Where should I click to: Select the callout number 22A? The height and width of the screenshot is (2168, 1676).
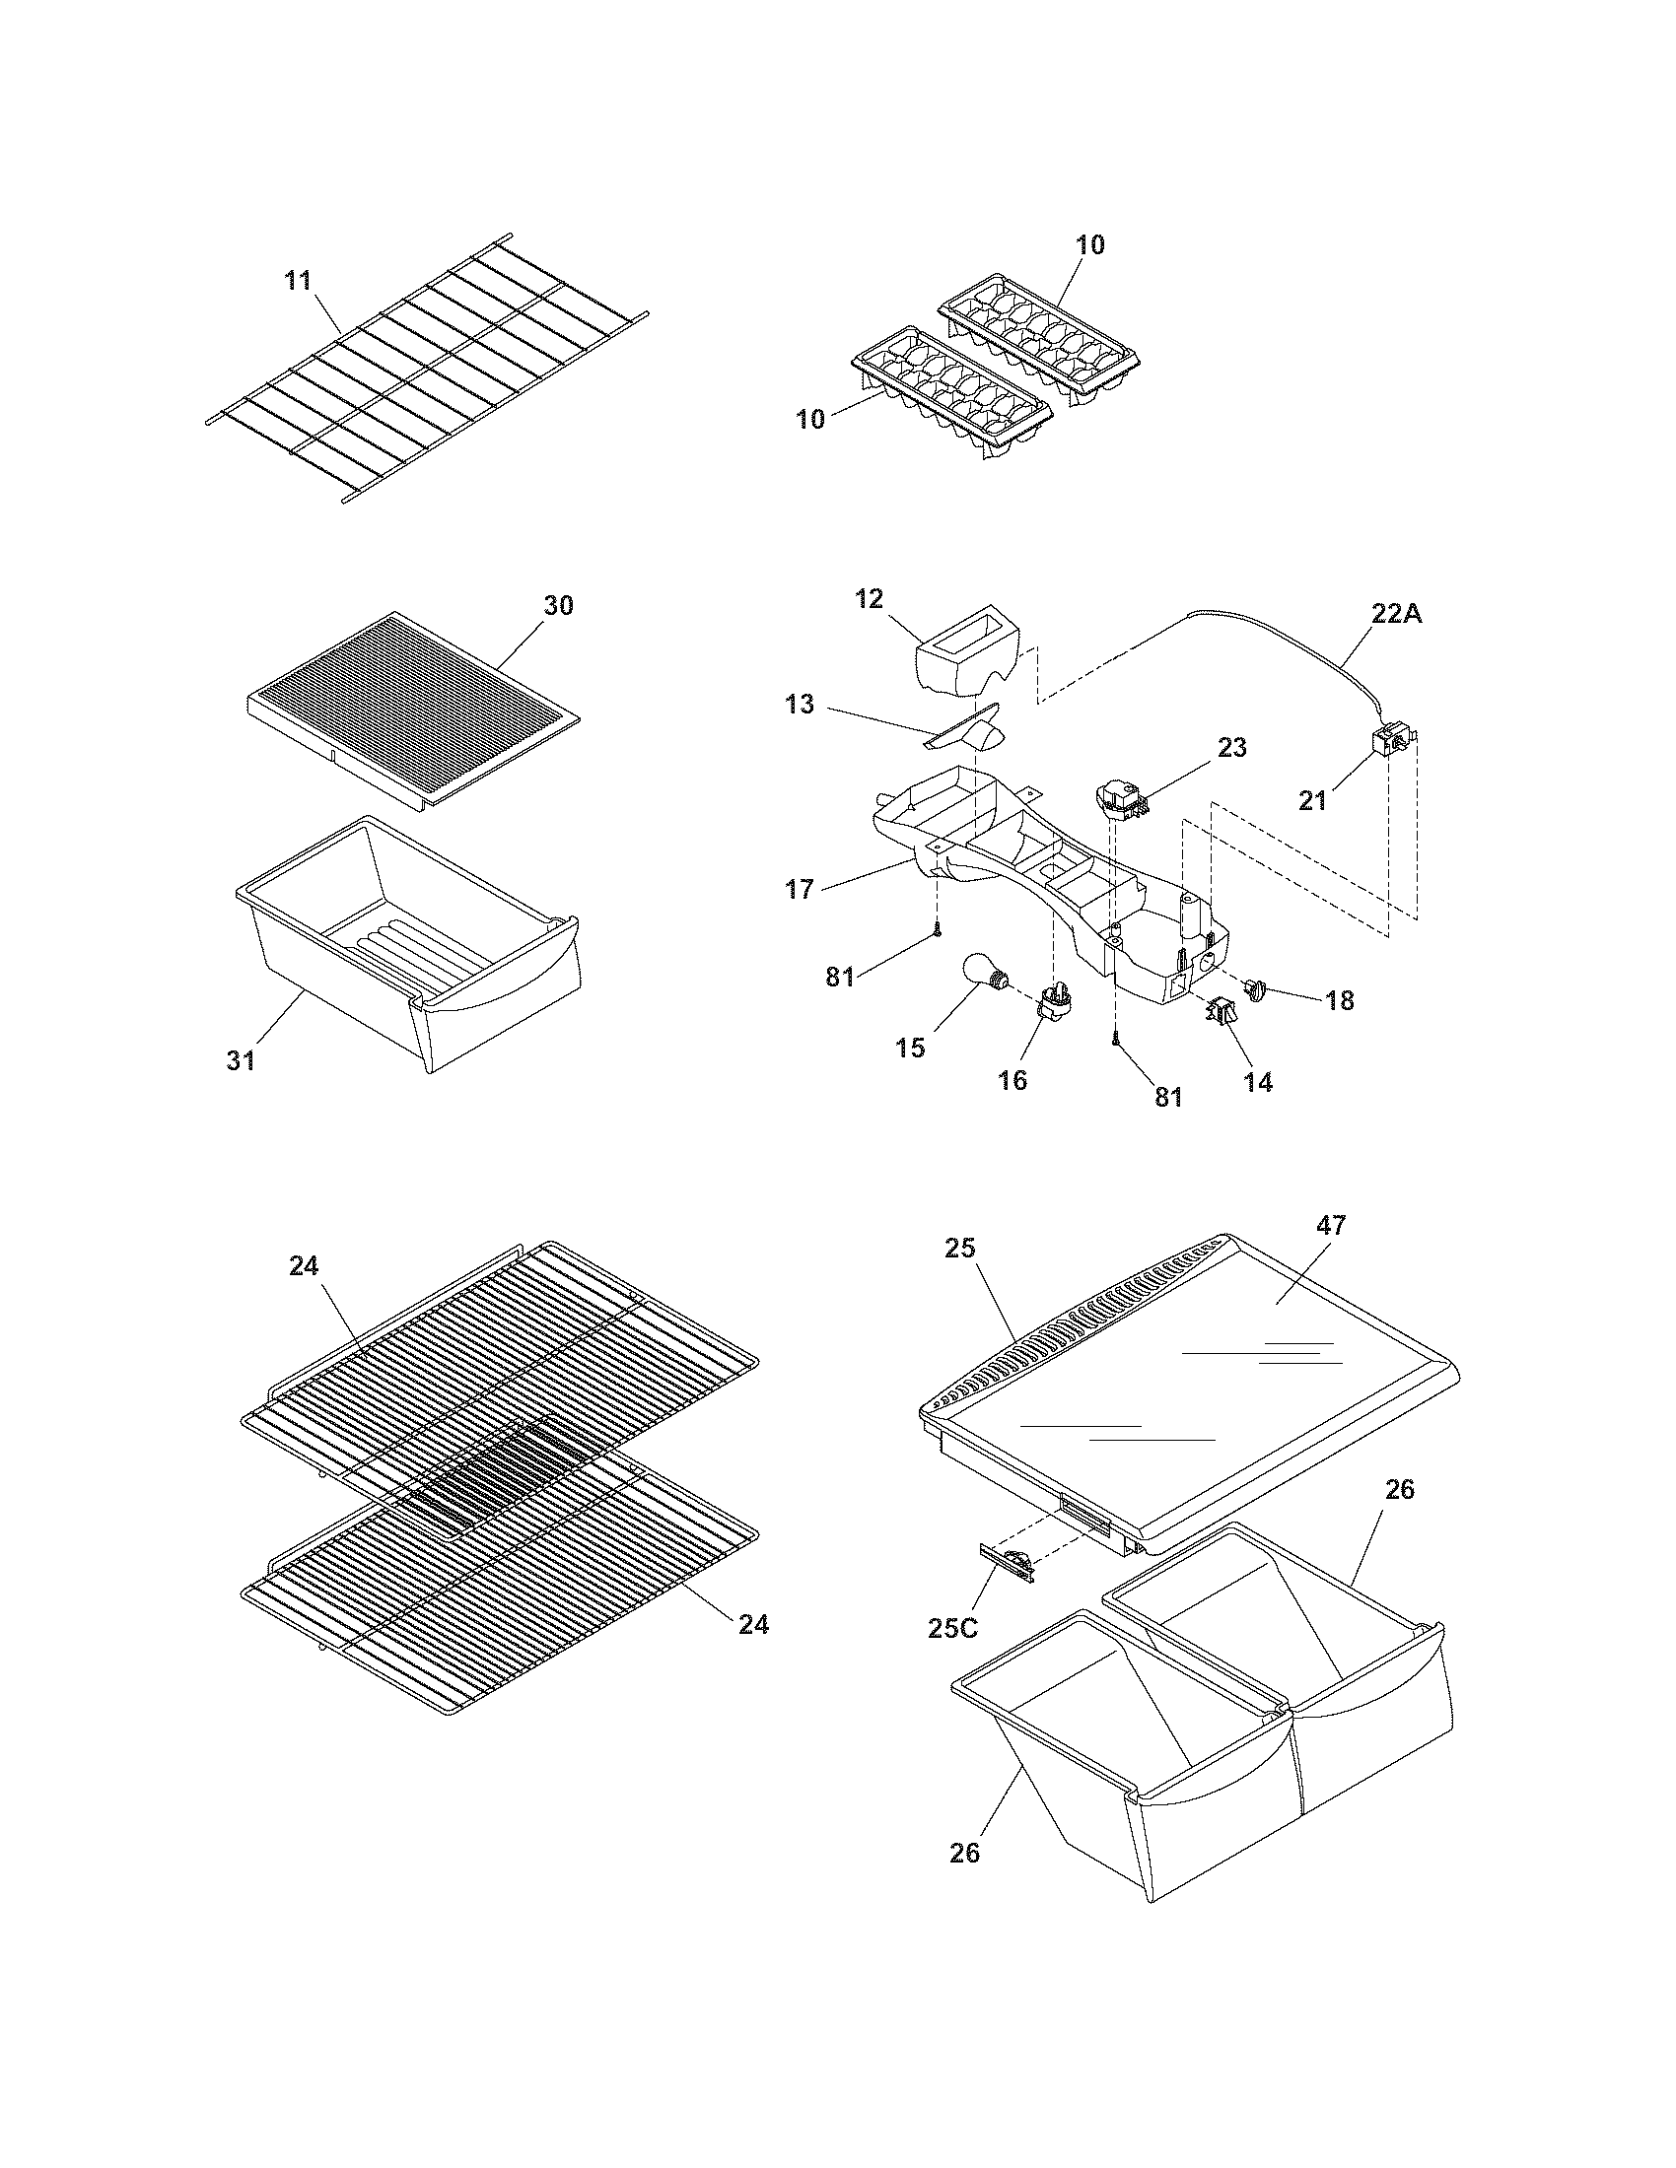[x=1397, y=615]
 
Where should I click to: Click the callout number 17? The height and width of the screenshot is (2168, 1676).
[x=800, y=890]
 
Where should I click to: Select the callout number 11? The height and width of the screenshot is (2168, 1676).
[x=298, y=281]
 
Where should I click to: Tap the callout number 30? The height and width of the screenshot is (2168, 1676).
[x=558, y=604]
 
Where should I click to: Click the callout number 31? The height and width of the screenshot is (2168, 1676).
[x=241, y=1060]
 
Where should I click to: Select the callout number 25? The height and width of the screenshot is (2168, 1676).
[x=960, y=1248]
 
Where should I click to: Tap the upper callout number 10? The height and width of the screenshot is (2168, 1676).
[x=1090, y=244]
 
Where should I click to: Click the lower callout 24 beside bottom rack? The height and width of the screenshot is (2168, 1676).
[x=753, y=1624]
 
